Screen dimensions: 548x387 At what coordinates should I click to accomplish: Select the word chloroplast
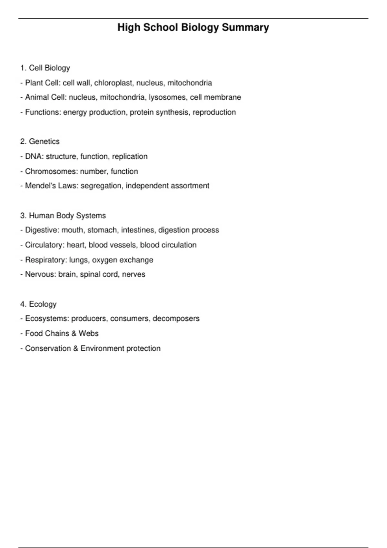(x=113, y=83)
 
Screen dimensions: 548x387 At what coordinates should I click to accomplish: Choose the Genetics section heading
(x=44, y=142)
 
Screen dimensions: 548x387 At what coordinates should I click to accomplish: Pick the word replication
(x=130, y=156)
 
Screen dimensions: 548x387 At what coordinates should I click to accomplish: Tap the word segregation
(x=101, y=186)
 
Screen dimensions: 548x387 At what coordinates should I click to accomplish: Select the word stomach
(x=102, y=230)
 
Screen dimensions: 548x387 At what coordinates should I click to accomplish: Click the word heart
(x=75, y=245)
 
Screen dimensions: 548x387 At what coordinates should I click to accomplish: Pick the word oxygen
(x=104, y=260)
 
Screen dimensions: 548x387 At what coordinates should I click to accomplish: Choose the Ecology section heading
(x=43, y=304)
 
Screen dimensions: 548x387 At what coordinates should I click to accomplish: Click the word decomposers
(x=176, y=318)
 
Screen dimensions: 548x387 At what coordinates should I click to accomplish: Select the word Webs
(x=89, y=333)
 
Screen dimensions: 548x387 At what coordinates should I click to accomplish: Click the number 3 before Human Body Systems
(x=22, y=215)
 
